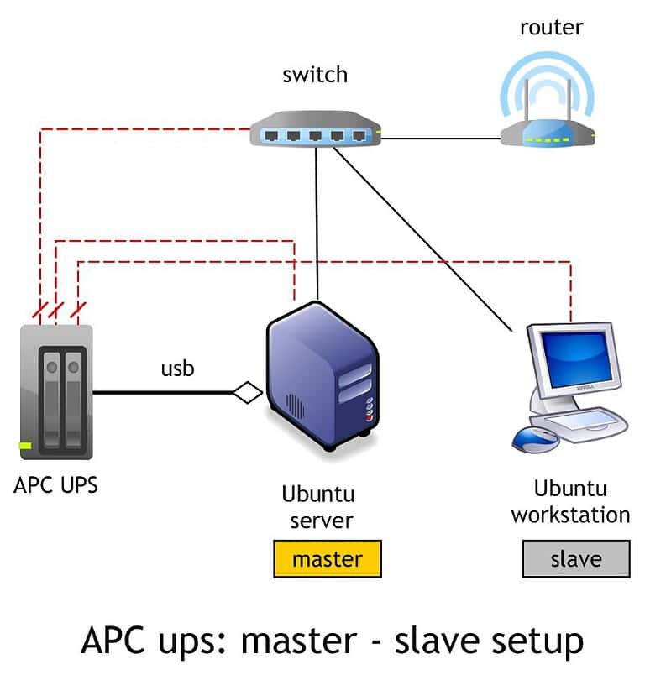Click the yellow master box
(328, 559)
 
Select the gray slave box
(575, 559)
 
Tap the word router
(551, 27)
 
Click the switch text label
(315, 75)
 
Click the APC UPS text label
(55, 484)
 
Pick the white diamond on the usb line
(248, 392)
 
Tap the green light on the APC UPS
(25, 445)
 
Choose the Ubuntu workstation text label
(570, 501)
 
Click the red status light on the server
(368, 416)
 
